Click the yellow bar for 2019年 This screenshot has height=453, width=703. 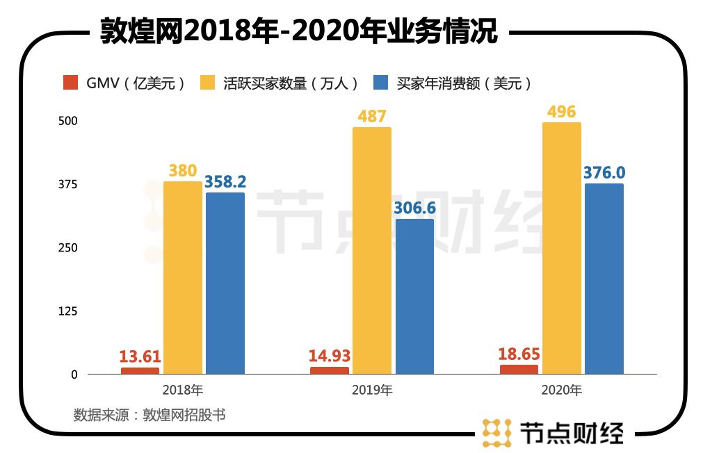[x=371, y=251]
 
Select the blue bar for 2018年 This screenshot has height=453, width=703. [x=225, y=283]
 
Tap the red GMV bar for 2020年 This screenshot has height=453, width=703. [x=519, y=370]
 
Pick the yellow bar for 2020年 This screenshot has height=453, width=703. [x=561, y=249]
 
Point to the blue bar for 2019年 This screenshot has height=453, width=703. [x=414, y=297]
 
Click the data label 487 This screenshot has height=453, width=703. [x=371, y=116]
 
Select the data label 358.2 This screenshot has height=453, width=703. [x=225, y=182]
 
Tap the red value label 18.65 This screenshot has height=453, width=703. [x=519, y=354]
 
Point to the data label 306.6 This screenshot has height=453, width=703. [x=414, y=208]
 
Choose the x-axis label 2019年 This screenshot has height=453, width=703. [x=372, y=390]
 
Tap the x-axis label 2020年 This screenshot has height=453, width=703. [x=561, y=390]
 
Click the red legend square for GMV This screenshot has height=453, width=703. [x=70, y=83]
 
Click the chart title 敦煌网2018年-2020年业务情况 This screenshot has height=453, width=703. [x=298, y=31]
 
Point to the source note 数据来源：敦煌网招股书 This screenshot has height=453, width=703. [x=150, y=415]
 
